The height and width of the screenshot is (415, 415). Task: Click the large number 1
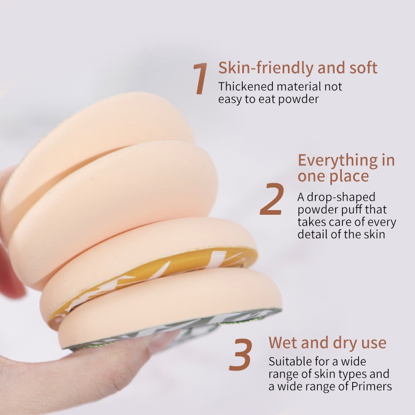200,78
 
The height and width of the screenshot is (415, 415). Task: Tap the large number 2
272,199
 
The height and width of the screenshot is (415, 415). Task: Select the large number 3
240,354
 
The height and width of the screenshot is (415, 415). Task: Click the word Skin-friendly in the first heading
266,68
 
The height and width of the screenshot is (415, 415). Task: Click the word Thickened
246,87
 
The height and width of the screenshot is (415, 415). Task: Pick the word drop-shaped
341,198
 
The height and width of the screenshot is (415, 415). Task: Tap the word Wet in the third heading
283,342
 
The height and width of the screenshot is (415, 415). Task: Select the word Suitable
290,362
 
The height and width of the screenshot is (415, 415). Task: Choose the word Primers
371,386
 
